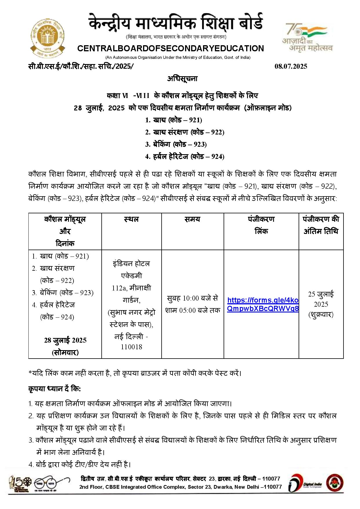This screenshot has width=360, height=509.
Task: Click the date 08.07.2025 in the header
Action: coord(291,66)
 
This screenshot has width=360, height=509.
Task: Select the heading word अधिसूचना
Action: coord(182,79)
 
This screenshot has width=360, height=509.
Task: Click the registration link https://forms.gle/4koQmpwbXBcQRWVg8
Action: coord(263,304)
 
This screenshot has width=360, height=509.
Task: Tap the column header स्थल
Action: coord(131,219)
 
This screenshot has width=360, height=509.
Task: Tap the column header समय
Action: coord(192,219)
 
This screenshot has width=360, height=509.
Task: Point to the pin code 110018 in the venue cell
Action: coord(131,347)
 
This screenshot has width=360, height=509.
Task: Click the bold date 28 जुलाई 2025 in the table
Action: coord(65,340)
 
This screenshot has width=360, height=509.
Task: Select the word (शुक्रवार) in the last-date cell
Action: coord(321,315)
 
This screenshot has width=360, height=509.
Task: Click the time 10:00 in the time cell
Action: coord(191,298)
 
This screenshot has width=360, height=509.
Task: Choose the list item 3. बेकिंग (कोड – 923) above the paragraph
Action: coord(176,144)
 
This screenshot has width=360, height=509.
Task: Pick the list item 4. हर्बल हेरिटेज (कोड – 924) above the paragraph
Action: coord(184,157)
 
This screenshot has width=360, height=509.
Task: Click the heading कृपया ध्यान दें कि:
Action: coord(54,389)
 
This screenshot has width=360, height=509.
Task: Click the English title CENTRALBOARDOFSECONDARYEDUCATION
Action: coord(171,48)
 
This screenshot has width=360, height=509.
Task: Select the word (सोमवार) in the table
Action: coord(65,352)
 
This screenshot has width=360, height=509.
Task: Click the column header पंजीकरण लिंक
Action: coord(261,225)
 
